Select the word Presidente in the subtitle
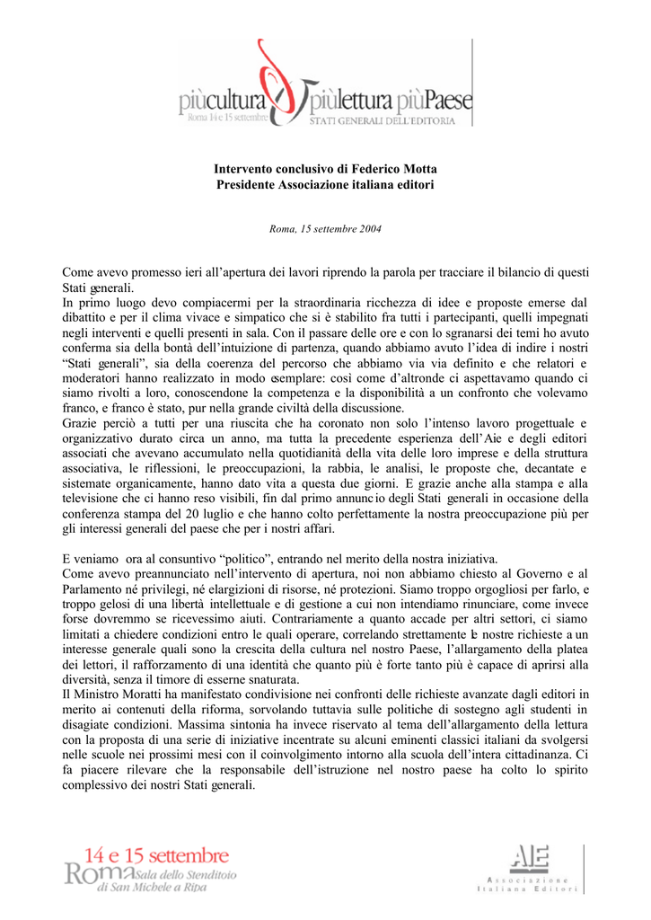point(249,184)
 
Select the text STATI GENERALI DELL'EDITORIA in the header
point(389,119)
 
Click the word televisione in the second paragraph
point(98,499)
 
